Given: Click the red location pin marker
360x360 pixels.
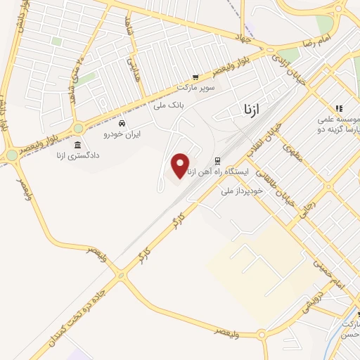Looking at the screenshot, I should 181,165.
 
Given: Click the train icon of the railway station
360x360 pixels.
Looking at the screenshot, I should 217,160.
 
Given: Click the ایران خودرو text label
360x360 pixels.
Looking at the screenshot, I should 122,133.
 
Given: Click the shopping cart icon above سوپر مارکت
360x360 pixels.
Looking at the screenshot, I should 195,77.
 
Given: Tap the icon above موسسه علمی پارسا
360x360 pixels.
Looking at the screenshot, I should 339,108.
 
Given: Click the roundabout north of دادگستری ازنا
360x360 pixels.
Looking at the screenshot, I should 78,128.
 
